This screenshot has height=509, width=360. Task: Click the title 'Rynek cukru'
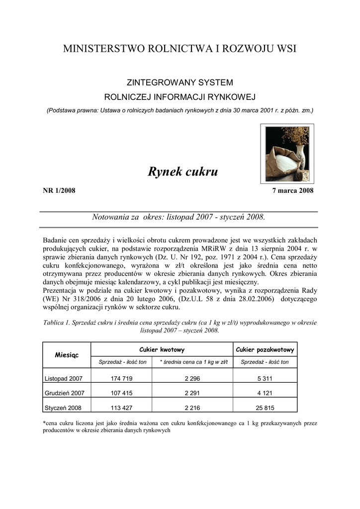[183, 172]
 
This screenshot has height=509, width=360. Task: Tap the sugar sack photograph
[287, 154]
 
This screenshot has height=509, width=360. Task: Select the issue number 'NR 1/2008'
[59, 191]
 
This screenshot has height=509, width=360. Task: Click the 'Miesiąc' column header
[67, 355]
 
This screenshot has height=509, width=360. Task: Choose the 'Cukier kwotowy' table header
[162, 350]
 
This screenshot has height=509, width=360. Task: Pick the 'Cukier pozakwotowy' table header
[265, 350]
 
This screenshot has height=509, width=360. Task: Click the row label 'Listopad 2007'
[64, 378]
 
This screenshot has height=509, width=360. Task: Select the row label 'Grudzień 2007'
[65, 393]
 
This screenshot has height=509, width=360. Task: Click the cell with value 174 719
[121, 378]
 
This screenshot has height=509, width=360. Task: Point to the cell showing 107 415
[121, 393]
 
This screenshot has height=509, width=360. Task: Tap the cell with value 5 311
[265, 378]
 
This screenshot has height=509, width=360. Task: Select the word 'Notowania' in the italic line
[112, 218]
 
